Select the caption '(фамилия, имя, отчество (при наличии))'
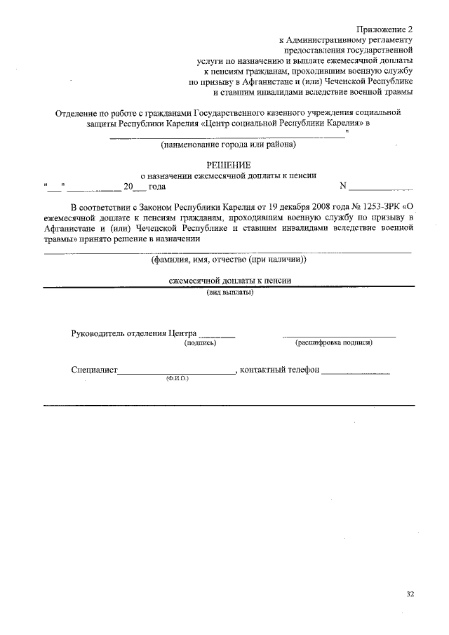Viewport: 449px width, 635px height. [x=228, y=260]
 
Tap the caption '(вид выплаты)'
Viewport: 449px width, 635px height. [x=229, y=293]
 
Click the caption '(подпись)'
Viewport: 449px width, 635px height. [x=200, y=343]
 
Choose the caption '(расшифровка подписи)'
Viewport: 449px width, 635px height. [x=334, y=343]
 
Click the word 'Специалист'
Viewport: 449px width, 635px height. [x=94, y=370]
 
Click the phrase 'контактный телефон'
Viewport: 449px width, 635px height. [x=279, y=370]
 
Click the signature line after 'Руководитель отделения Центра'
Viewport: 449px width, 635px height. [x=217, y=335]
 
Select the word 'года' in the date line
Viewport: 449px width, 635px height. [x=157, y=187]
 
